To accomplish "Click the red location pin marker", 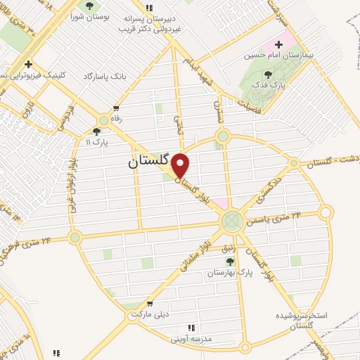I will [181, 165].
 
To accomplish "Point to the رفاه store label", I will [116, 119].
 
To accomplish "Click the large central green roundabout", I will [230, 221].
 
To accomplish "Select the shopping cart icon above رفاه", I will [116, 109].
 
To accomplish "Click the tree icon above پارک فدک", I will [268, 74].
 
